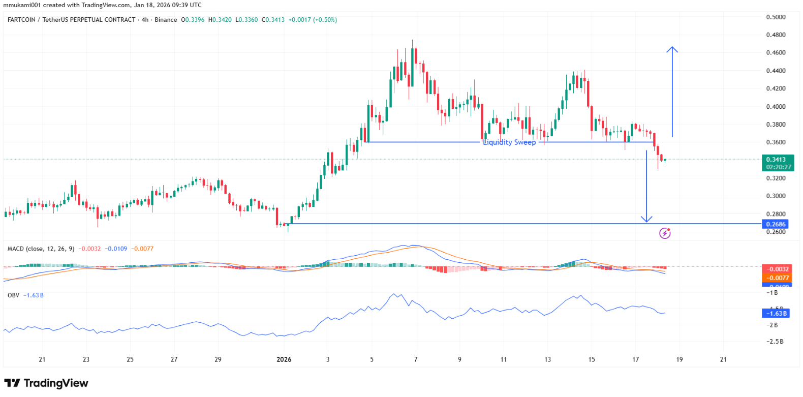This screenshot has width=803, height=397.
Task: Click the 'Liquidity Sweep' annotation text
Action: [x=509, y=142]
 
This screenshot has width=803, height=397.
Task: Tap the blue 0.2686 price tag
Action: [x=776, y=224]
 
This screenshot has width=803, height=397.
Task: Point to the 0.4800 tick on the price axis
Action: [x=776, y=35]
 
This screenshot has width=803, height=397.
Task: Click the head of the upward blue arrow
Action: [x=672, y=49]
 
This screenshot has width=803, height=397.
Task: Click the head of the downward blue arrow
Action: [x=646, y=220]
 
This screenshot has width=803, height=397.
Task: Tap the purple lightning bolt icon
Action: [x=665, y=233]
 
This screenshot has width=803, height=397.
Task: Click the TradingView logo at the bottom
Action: [x=46, y=383]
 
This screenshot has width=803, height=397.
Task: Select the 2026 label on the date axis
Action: [x=284, y=359]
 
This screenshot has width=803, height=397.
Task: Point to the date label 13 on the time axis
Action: [x=547, y=359]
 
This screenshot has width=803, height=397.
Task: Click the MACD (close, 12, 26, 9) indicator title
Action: [x=41, y=249]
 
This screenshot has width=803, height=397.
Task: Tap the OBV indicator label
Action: [x=13, y=295]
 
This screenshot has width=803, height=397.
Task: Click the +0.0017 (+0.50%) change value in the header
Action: [x=313, y=20]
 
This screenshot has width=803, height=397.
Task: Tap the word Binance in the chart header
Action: [x=166, y=20]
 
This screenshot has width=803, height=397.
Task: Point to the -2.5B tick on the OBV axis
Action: [x=775, y=342]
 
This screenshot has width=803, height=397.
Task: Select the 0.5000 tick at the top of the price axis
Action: [x=776, y=17]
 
